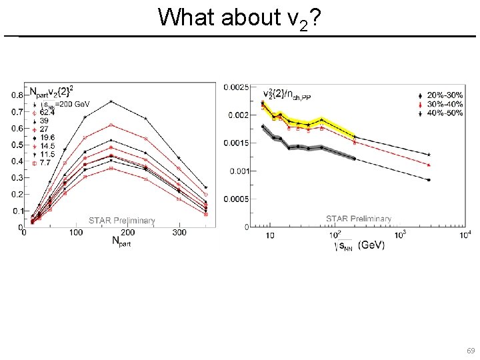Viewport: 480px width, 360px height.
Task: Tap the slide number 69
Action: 470,350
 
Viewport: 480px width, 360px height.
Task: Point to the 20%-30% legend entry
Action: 445,97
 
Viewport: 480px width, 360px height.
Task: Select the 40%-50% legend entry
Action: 445,113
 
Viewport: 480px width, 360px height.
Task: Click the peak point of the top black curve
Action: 111,101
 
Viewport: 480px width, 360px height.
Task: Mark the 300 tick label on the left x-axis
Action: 179,233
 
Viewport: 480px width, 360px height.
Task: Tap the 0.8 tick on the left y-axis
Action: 17,95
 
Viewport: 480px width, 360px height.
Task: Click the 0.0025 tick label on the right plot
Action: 237,87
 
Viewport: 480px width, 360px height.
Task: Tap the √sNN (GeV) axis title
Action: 359,246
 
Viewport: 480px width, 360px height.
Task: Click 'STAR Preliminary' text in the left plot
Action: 122,221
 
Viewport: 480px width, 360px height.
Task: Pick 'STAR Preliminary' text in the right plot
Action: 359,219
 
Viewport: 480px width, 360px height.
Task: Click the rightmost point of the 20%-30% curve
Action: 428,155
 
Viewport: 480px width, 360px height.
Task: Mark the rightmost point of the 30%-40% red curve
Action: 428,165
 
